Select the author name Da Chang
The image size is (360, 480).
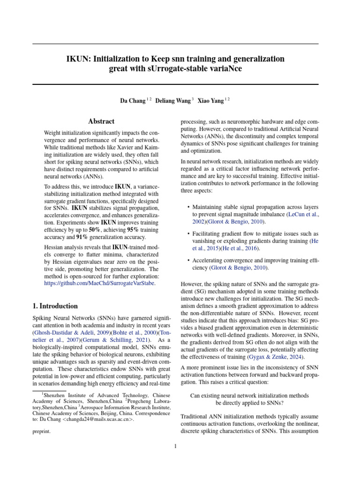[133, 100]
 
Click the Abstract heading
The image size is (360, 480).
[101, 121]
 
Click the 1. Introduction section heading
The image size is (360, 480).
[55, 306]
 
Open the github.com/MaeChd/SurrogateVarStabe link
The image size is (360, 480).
[99, 283]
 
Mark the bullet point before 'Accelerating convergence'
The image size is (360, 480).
[188, 260]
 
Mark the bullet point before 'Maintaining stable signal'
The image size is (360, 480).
[188, 207]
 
